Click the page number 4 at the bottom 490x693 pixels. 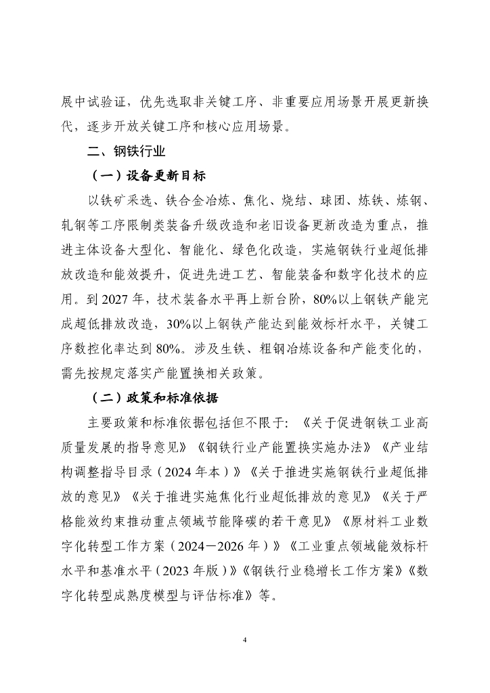[245, 638]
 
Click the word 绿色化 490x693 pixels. [277, 250]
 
